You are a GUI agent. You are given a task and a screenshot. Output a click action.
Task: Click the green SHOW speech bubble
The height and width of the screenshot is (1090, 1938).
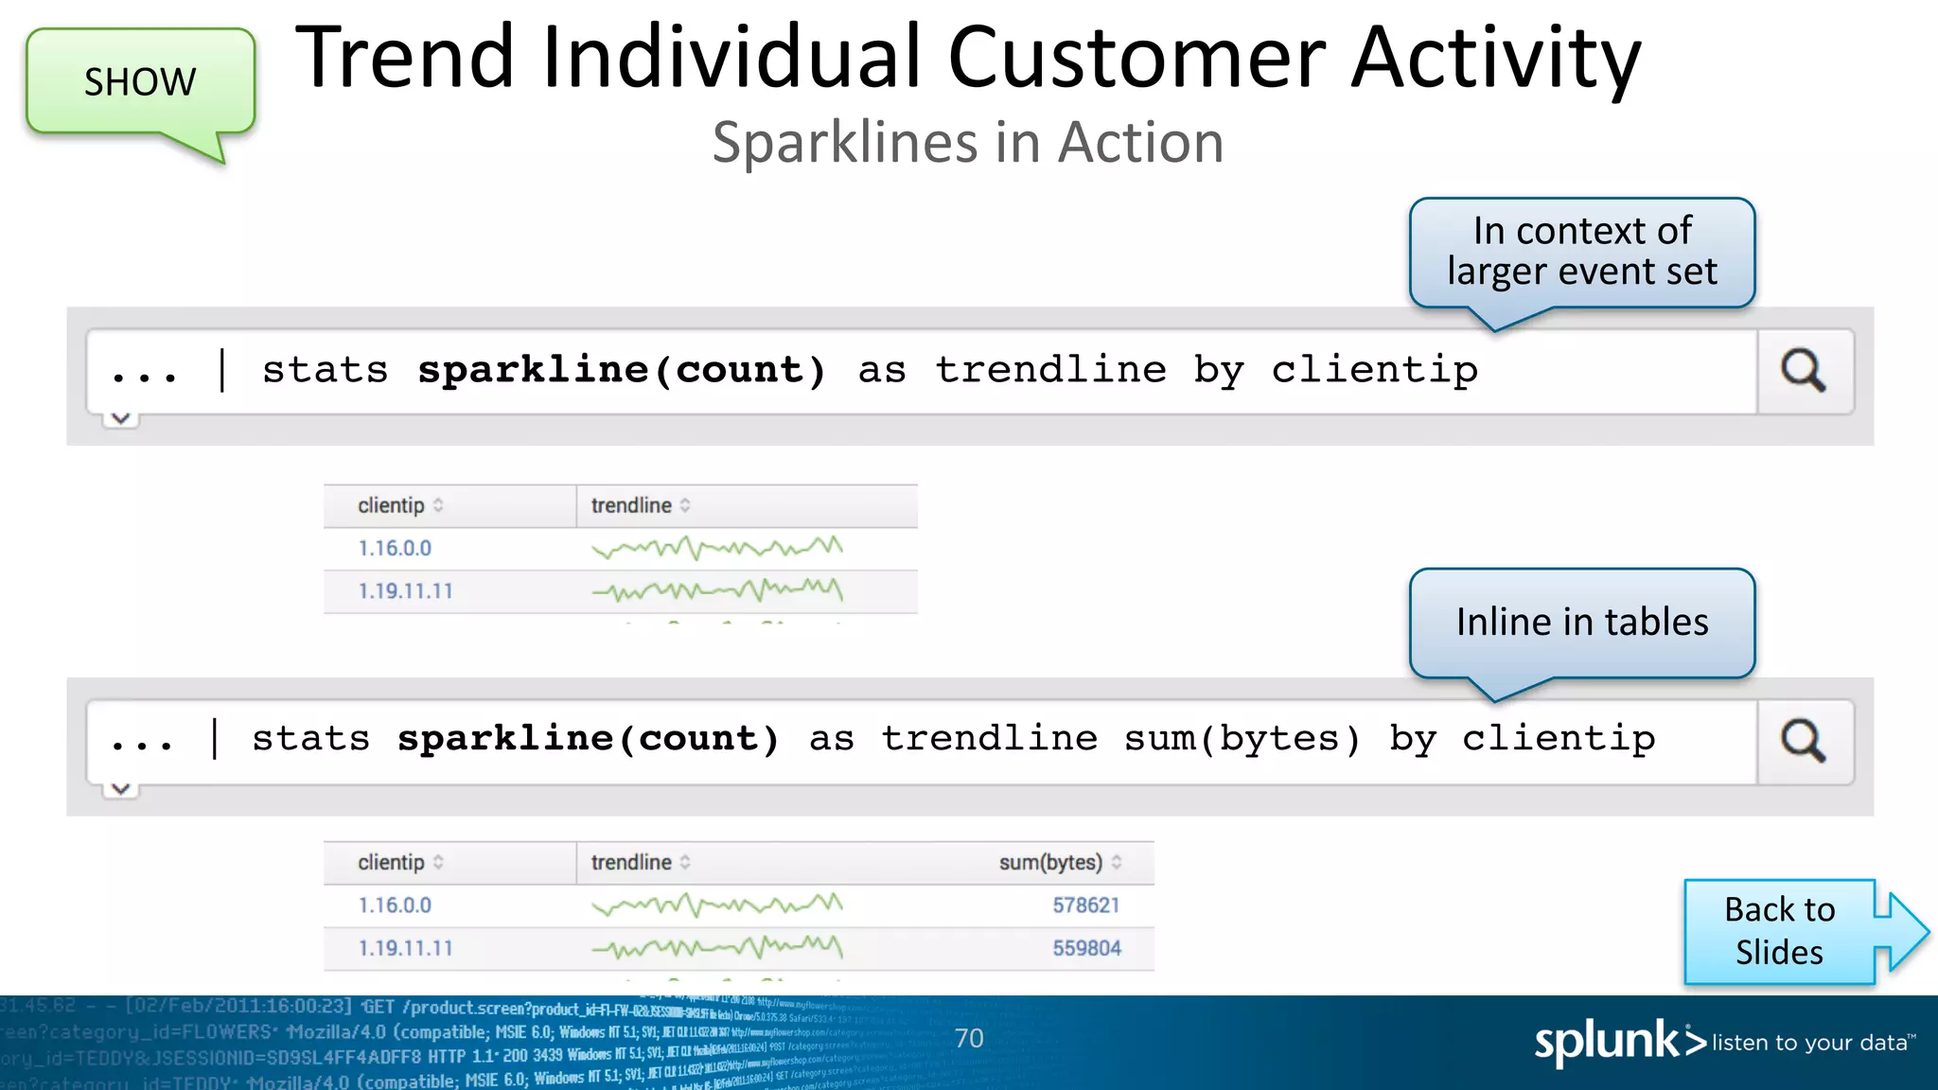click(x=140, y=82)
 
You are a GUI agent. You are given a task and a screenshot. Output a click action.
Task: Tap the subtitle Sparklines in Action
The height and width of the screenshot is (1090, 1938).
click(x=967, y=143)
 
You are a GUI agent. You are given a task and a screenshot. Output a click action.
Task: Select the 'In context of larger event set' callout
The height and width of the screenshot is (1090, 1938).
click(x=1581, y=252)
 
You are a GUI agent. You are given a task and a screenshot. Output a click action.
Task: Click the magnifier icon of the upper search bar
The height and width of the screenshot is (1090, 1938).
click(x=1804, y=371)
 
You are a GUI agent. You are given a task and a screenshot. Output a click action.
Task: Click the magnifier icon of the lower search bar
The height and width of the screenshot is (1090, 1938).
click(x=1804, y=741)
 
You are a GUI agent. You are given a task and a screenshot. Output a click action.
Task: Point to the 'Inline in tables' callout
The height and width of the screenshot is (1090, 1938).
click(x=1581, y=623)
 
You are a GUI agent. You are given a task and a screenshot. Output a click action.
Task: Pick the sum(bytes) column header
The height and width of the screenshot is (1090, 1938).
click(x=1050, y=863)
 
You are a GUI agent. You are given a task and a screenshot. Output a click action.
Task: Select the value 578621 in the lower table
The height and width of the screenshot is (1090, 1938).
click(x=1085, y=905)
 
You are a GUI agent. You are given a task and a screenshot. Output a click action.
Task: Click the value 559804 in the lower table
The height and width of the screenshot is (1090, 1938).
click(x=1086, y=948)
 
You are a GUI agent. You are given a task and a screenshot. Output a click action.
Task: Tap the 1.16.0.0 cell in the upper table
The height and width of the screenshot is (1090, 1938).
click(x=395, y=549)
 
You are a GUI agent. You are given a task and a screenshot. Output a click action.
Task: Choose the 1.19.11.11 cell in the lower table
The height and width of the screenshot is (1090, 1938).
click(x=405, y=948)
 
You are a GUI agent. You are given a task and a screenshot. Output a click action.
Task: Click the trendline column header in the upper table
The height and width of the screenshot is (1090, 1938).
click(x=631, y=506)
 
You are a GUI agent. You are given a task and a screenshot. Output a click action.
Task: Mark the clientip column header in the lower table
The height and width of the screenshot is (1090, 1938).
click(x=391, y=863)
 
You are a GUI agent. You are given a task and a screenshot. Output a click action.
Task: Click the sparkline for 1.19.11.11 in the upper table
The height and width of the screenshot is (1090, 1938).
click(x=716, y=591)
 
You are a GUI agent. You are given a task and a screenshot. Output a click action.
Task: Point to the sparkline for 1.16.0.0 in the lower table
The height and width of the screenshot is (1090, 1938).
click(x=716, y=905)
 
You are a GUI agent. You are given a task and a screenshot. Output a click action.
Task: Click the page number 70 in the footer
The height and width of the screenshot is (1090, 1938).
click(x=969, y=1039)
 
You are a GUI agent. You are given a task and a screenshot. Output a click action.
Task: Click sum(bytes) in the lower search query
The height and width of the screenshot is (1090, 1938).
click(x=1242, y=739)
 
